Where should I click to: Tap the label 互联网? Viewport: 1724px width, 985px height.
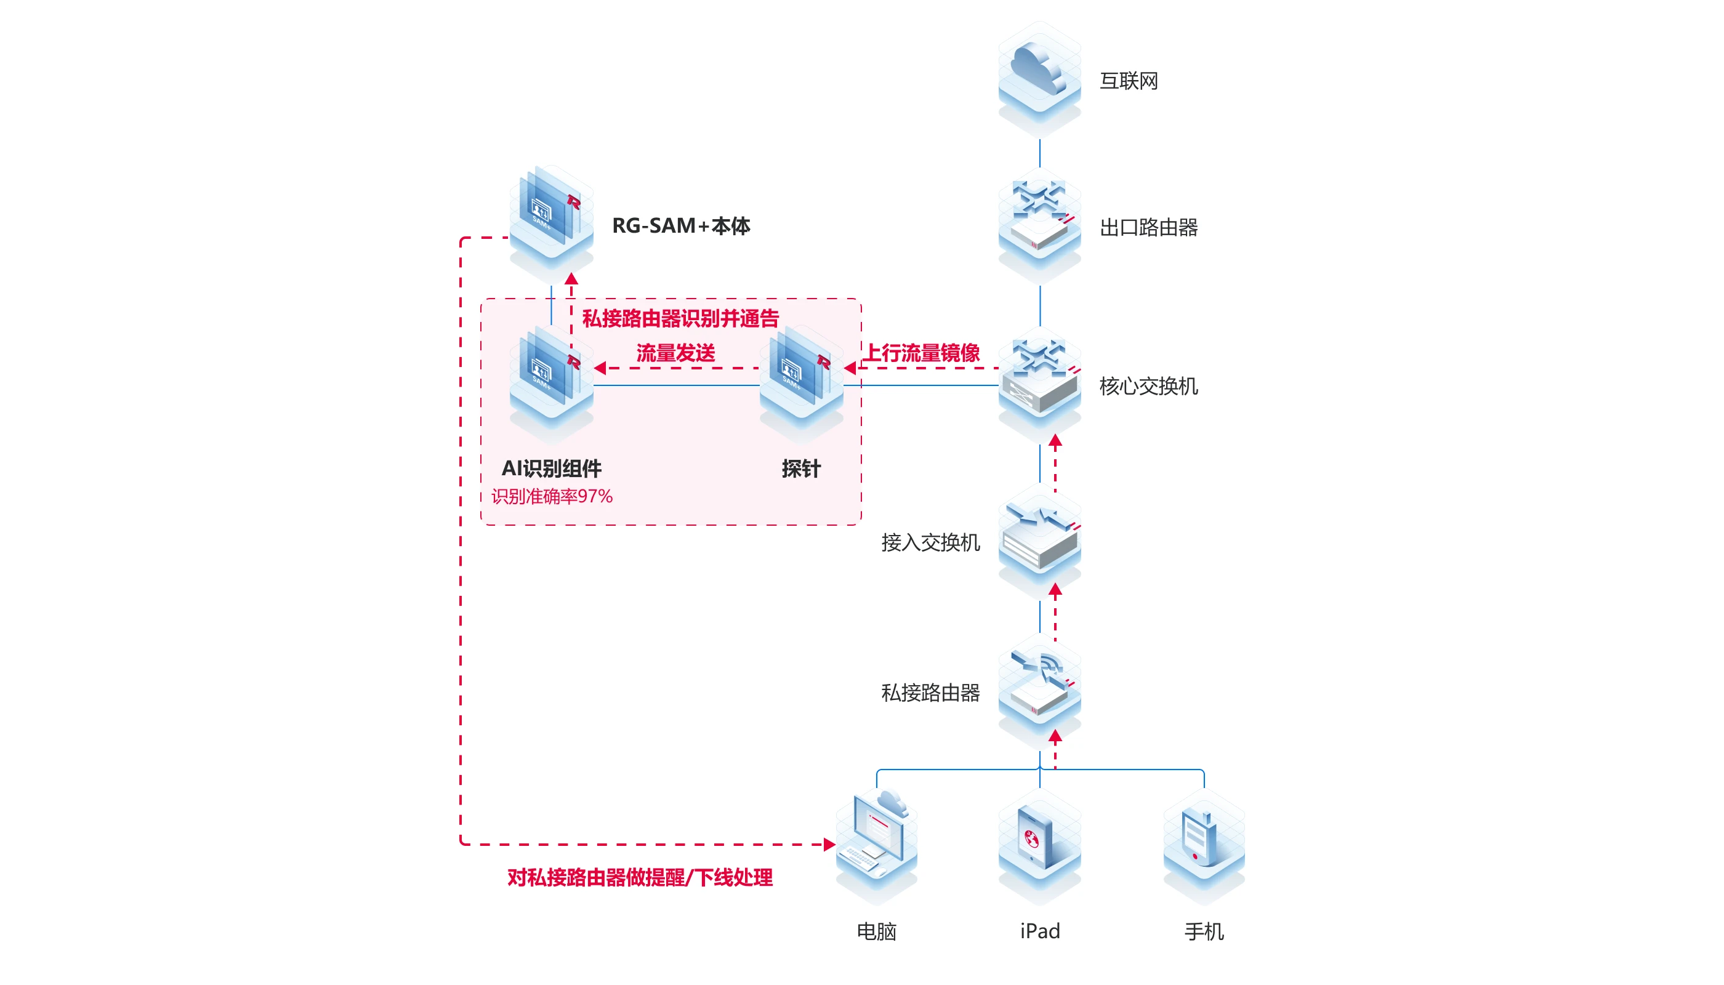tap(1129, 81)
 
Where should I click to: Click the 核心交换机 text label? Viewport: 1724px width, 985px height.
tap(1148, 386)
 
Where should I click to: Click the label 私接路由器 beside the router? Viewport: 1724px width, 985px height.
tap(930, 692)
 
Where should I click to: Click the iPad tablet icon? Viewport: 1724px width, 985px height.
tap(1039, 839)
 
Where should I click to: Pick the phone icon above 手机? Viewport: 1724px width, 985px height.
tap(1204, 839)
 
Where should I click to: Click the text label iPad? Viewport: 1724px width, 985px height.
tap(1039, 931)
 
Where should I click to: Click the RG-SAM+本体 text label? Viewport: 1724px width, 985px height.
tap(680, 225)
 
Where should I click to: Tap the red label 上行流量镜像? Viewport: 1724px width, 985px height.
tap(922, 353)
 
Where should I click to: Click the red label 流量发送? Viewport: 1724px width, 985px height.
tap(675, 353)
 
